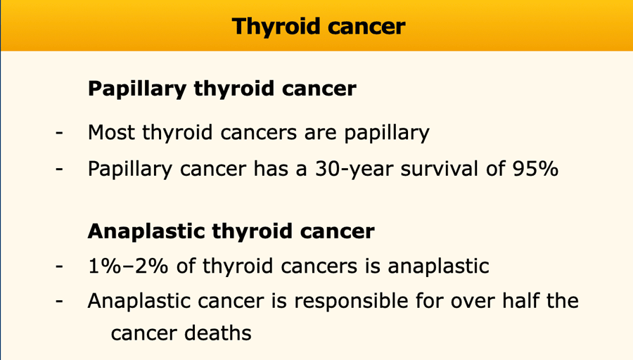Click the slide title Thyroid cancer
tap(319, 27)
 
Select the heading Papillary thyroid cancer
tap(222, 89)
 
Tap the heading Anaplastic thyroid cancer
tap(231, 231)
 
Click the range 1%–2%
tap(128, 266)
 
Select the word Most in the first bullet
tap(111, 132)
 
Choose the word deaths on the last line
tap(218, 333)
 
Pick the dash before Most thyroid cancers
tap(59, 132)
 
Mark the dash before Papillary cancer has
tap(59, 168)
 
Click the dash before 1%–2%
tap(59, 266)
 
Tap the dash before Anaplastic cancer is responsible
tap(59, 301)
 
